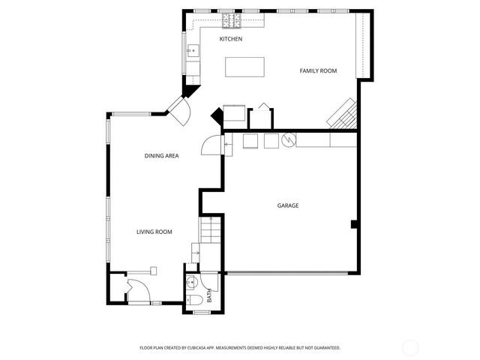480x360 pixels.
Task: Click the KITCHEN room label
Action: coord(230,39)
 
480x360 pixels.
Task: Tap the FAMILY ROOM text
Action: coord(318,71)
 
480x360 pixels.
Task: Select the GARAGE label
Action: coord(288,205)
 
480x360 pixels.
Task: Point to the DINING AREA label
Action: coord(161,156)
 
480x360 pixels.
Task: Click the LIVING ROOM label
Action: coord(154,232)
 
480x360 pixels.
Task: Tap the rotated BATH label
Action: coord(210,296)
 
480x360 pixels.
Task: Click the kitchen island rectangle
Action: coord(246,67)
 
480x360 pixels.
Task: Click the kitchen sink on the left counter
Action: coord(193,51)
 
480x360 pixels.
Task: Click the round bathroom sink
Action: coord(190,283)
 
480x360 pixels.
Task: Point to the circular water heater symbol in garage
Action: coord(288,139)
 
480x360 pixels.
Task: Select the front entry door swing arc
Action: coord(136,289)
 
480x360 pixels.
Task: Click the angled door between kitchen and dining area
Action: coord(181,112)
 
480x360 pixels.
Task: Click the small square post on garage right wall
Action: coord(353,223)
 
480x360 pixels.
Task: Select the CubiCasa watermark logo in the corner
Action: coord(410,347)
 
